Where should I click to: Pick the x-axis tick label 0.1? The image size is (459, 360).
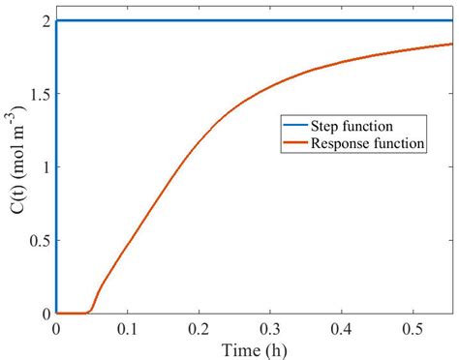(x=127, y=328)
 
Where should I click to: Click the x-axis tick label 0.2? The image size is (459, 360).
(x=199, y=328)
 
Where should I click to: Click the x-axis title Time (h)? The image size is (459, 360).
(x=252, y=347)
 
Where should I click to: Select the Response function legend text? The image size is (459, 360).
(x=367, y=144)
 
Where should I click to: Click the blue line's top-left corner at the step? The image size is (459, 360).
(x=56, y=20)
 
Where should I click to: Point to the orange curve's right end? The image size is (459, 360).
(x=451, y=44)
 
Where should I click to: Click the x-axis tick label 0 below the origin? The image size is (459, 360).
(x=56, y=328)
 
